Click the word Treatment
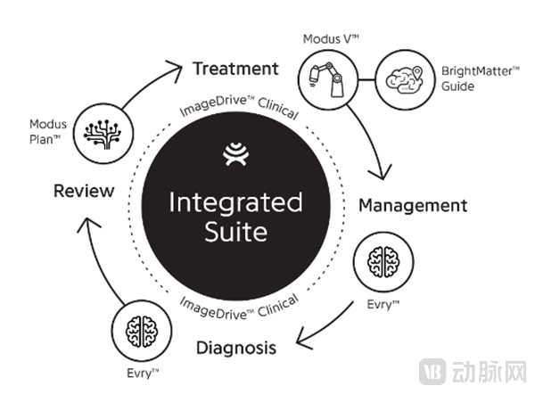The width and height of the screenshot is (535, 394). [235, 69]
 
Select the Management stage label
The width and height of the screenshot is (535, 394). [412, 205]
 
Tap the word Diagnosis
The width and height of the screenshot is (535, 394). [234, 348]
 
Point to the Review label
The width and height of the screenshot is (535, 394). [84, 190]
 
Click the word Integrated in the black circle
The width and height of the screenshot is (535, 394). [235, 202]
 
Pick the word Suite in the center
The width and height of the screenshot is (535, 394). [235, 233]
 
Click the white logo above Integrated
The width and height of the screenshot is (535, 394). [235, 159]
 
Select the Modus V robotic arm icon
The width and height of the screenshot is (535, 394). [326, 76]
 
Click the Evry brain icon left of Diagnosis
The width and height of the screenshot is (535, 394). [140, 327]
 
